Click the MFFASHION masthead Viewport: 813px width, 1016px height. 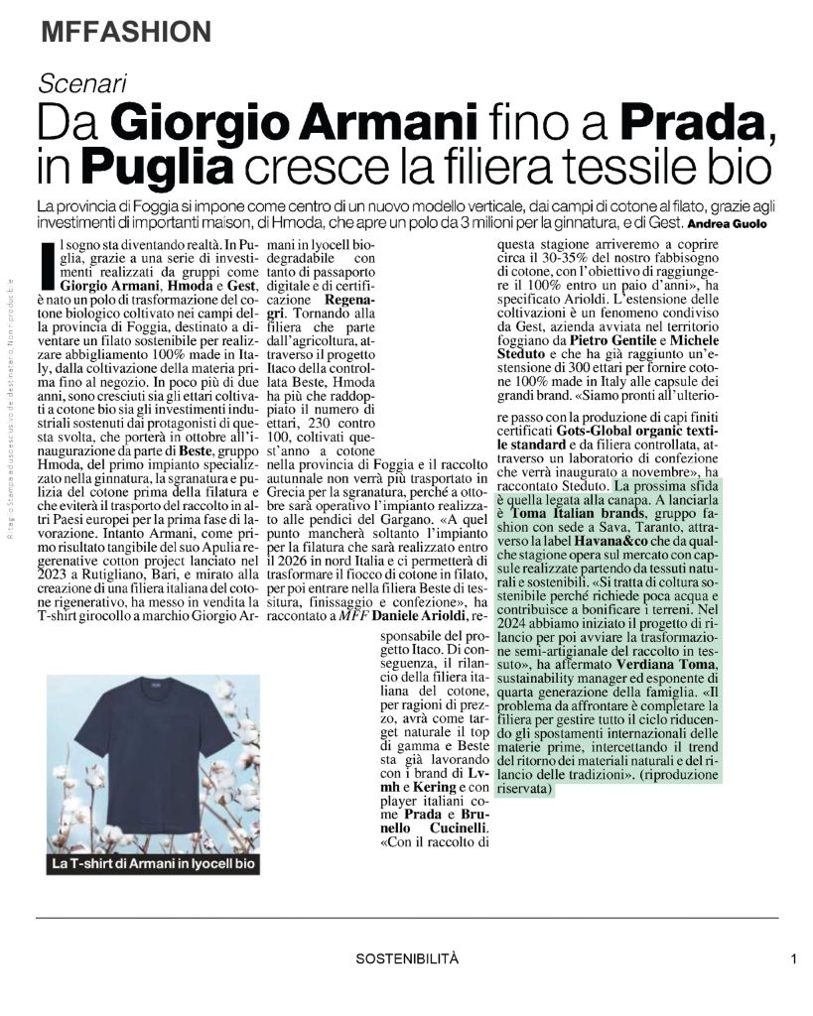click(x=126, y=33)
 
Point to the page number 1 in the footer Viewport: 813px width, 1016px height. click(x=794, y=958)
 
